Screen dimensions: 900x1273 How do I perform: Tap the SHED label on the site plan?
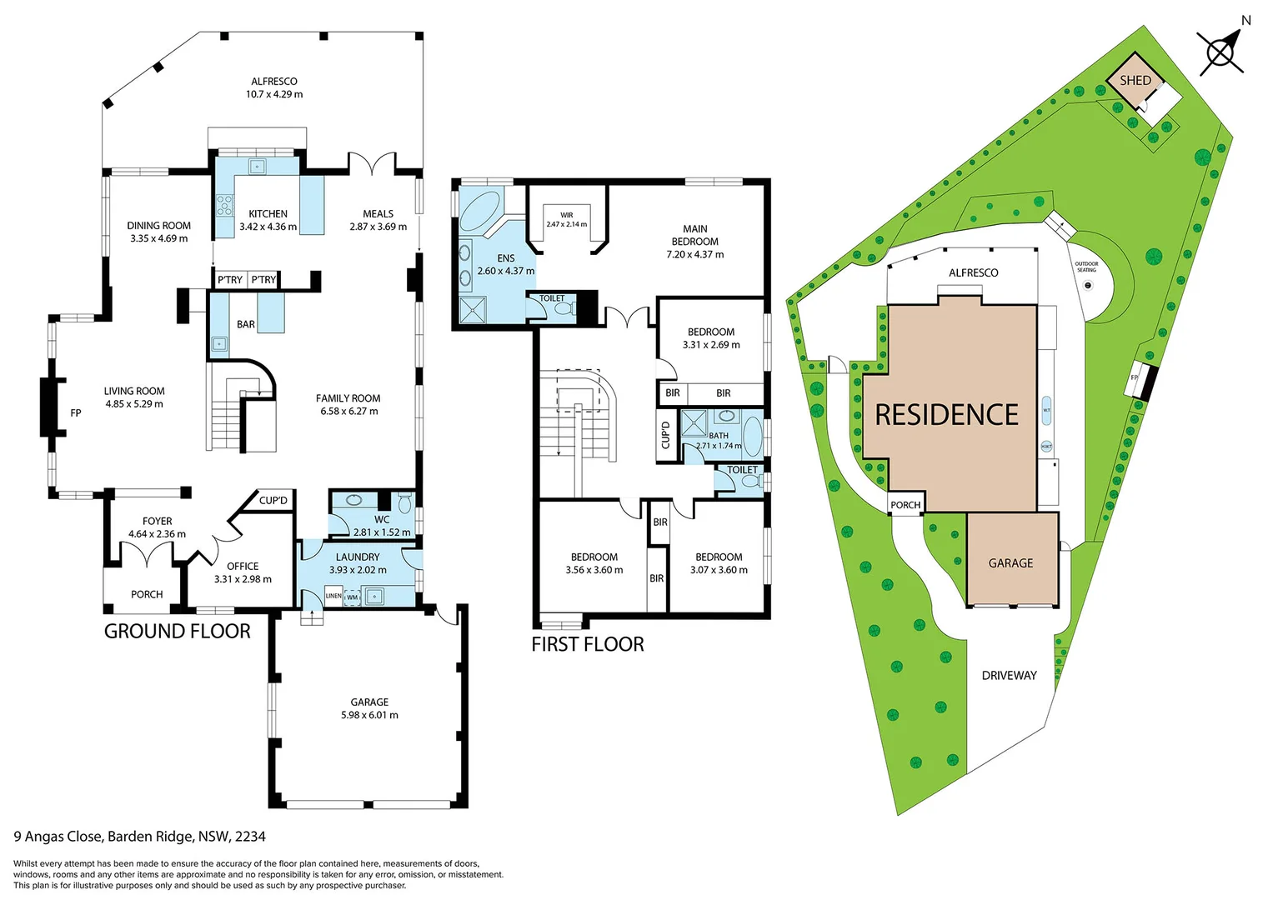[x=1135, y=80]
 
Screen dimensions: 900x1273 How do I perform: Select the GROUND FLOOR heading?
[x=177, y=632]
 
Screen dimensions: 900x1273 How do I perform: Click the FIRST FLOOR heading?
[x=588, y=644]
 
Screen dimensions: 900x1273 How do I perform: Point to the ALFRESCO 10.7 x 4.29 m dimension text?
[x=274, y=94]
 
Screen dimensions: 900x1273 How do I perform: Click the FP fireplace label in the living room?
[x=76, y=412]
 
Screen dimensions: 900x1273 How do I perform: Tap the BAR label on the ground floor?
[x=246, y=324]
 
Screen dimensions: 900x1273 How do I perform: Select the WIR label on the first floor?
[x=567, y=215]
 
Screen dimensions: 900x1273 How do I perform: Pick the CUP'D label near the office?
[x=273, y=501]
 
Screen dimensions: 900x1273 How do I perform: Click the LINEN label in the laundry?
[x=333, y=596]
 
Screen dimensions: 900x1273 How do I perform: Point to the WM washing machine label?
[x=353, y=597]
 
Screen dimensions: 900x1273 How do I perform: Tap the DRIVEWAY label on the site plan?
[x=1009, y=675]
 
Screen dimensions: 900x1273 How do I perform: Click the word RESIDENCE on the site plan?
[x=946, y=415]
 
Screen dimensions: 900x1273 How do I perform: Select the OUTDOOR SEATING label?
[x=1086, y=267]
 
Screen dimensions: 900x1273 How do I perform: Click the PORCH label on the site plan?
[x=905, y=505]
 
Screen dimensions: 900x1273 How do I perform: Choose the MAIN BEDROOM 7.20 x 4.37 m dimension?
[x=694, y=254]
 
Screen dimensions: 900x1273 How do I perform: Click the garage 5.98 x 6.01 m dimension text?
[x=369, y=715]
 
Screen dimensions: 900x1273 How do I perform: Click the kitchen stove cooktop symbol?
[x=224, y=203]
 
